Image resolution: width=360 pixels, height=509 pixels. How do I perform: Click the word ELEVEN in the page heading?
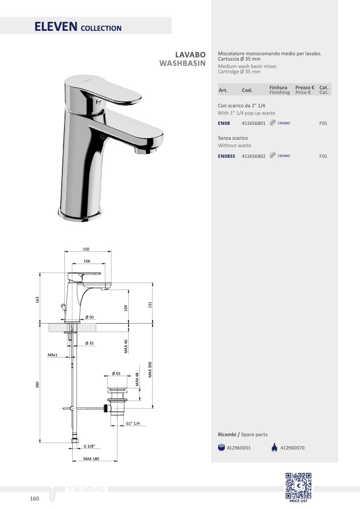click(56, 27)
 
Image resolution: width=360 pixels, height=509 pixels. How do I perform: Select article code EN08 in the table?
click(224, 123)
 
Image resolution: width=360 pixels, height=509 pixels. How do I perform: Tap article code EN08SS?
click(227, 156)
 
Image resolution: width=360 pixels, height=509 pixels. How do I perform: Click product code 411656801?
click(254, 123)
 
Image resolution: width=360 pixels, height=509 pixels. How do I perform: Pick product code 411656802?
click(254, 156)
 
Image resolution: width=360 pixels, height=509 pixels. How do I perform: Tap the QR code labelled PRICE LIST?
click(298, 486)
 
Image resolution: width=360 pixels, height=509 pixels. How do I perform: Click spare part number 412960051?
click(238, 448)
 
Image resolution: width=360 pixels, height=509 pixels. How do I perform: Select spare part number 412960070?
click(292, 448)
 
